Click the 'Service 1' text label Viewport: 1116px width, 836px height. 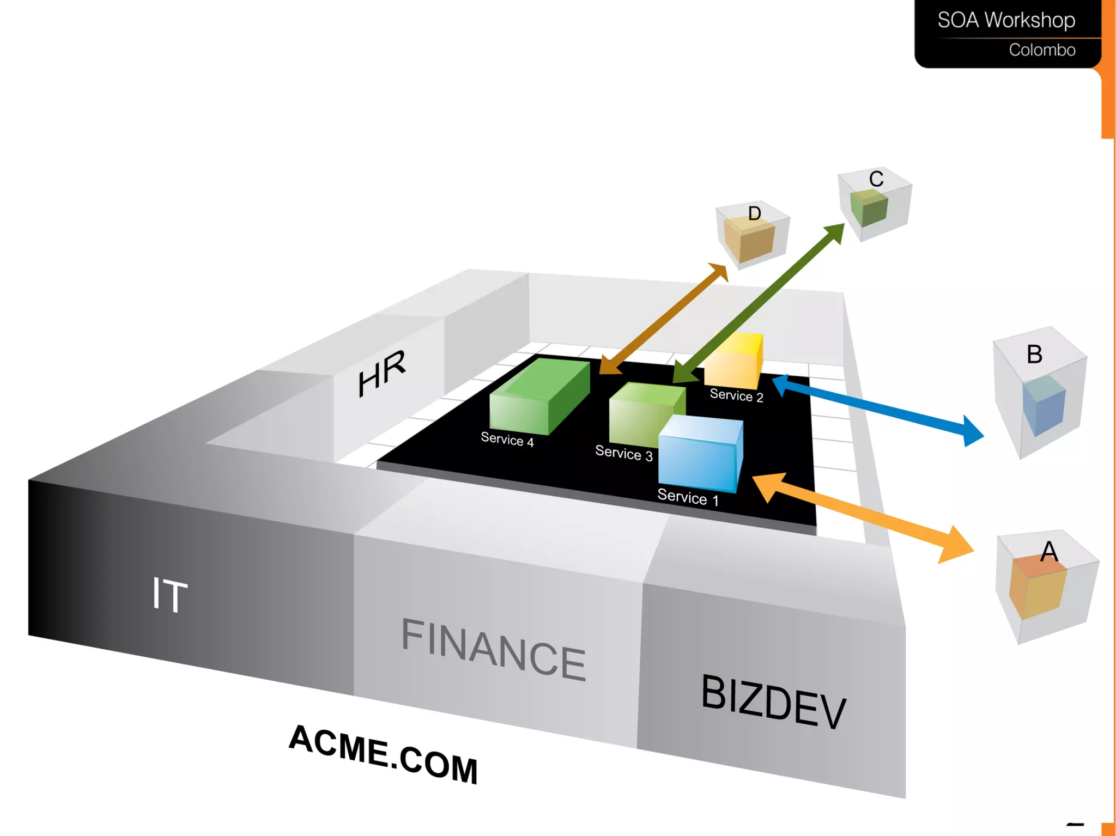click(x=688, y=497)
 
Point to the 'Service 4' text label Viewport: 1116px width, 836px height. click(x=507, y=440)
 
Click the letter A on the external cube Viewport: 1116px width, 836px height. click(x=1049, y=552)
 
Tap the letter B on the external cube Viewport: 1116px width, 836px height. click(x=1034, y=355)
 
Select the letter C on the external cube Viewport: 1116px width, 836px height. click(x=876, y=179)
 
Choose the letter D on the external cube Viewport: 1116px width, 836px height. click(x=754, y=213)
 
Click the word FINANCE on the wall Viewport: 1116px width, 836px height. click(x=493, y=649)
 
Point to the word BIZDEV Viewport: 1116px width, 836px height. click(x=773, y=701)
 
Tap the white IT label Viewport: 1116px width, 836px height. click(x=169, y=595)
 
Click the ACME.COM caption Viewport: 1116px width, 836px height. click(x=383, y=754)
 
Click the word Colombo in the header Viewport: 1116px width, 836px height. click(x=1042, y=50)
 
